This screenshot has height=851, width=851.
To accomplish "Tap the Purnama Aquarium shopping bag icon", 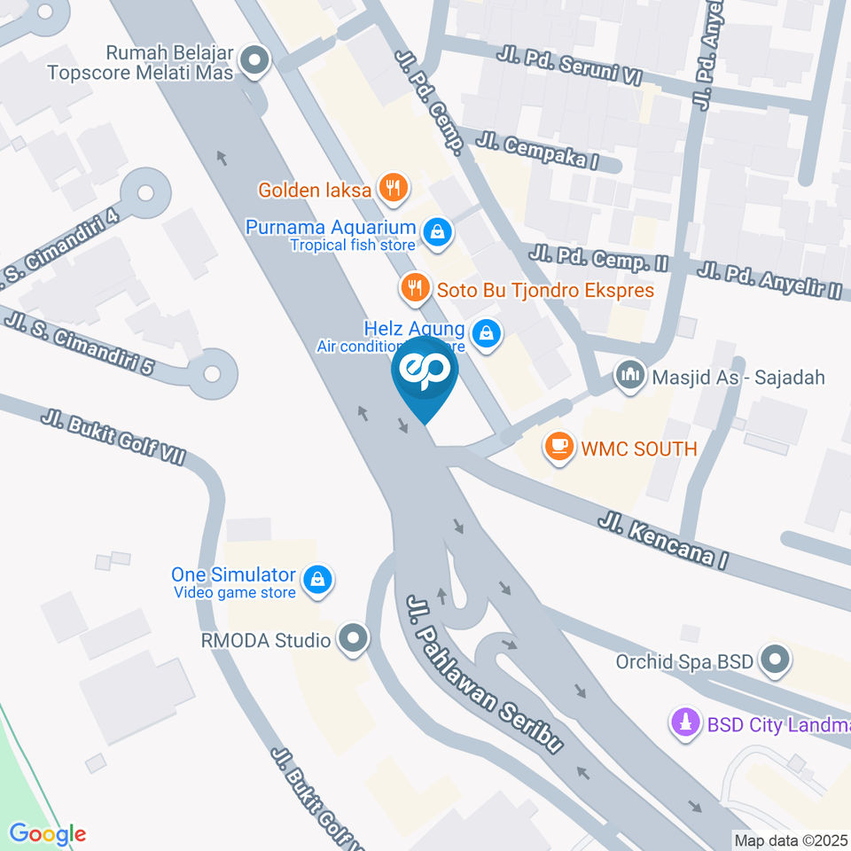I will (437, 233).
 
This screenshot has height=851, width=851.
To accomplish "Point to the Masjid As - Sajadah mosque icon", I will (630, 376).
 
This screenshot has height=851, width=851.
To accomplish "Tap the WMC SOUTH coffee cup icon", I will (558, 448).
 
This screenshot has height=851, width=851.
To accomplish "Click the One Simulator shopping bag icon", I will (315, 581).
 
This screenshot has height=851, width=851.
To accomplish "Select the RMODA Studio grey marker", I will (354, 639).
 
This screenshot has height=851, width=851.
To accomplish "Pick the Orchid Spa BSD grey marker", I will (777, 660).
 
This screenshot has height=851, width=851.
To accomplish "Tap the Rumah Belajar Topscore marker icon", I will (256, 60).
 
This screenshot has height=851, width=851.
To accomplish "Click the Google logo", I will (47, 834).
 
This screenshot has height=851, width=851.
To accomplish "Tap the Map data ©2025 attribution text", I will (791, 839).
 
